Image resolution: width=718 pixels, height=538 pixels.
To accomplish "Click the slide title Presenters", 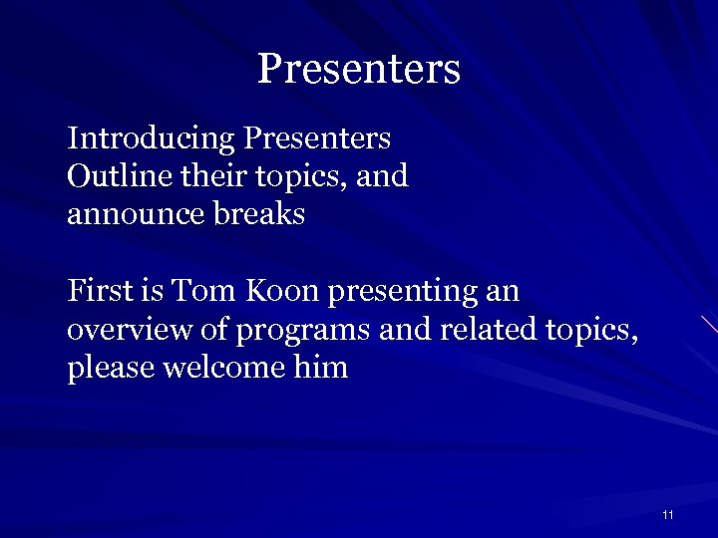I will click(x=359, y=70).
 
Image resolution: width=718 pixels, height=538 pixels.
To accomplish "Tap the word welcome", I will click(x=211, y=369).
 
